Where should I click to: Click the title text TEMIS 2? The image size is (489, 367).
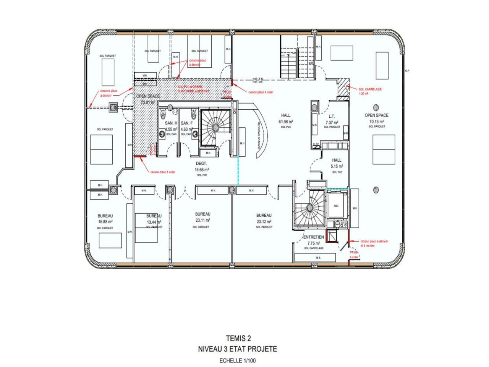[238, 338]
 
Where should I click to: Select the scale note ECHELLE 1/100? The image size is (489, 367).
[237, 361]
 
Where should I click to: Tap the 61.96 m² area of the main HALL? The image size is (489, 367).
[285, 122]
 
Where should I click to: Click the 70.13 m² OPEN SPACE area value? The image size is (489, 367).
[376, 122]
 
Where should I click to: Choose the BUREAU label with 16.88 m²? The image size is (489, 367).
[105, 216]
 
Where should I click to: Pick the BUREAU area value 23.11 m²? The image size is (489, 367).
[202, 220]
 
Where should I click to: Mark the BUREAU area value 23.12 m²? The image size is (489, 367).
[264, 221]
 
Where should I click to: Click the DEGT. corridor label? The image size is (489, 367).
[201, 163]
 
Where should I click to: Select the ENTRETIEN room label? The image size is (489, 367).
[314, 237]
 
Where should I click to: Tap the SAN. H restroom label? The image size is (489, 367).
[171, 123]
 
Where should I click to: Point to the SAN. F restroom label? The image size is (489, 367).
[187, 123]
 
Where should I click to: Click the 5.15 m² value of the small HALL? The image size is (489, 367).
[337, 166]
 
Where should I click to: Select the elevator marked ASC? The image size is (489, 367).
[336, 206]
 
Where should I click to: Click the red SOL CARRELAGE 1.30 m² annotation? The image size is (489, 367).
[370, 91]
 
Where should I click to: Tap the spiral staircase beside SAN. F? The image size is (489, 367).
[215, 127]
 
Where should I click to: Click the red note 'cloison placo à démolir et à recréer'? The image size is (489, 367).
[374, 244]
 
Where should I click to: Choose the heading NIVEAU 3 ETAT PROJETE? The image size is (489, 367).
[237, 349]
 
